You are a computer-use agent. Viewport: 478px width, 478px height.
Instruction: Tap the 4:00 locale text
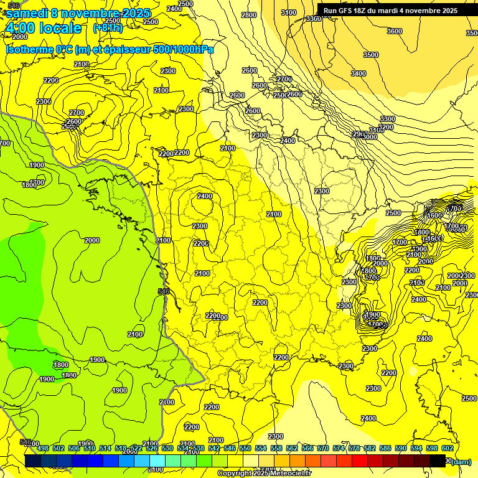[x=43, y=28]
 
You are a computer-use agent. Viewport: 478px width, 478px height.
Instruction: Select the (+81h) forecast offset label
[x=108, y=27]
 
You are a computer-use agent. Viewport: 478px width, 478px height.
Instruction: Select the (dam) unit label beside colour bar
[x=461, y=461]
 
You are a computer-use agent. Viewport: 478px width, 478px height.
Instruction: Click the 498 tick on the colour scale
[x=43, y=448]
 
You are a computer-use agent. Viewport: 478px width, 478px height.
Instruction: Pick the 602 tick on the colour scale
[x=447, y=448]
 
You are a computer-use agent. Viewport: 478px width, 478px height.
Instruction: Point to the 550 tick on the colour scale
[x=245, y=448]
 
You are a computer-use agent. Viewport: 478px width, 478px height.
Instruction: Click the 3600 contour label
[x=395, y=31]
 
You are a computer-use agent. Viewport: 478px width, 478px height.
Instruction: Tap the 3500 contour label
[x=371, y=55]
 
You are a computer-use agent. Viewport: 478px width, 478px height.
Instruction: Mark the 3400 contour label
[x=358, y=73]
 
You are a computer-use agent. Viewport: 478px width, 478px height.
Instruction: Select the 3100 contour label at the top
[x=289, y=12]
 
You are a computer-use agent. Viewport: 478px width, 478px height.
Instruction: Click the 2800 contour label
[x=249, y=15]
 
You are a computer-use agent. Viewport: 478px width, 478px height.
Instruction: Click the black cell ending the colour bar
[x=438, y=461]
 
